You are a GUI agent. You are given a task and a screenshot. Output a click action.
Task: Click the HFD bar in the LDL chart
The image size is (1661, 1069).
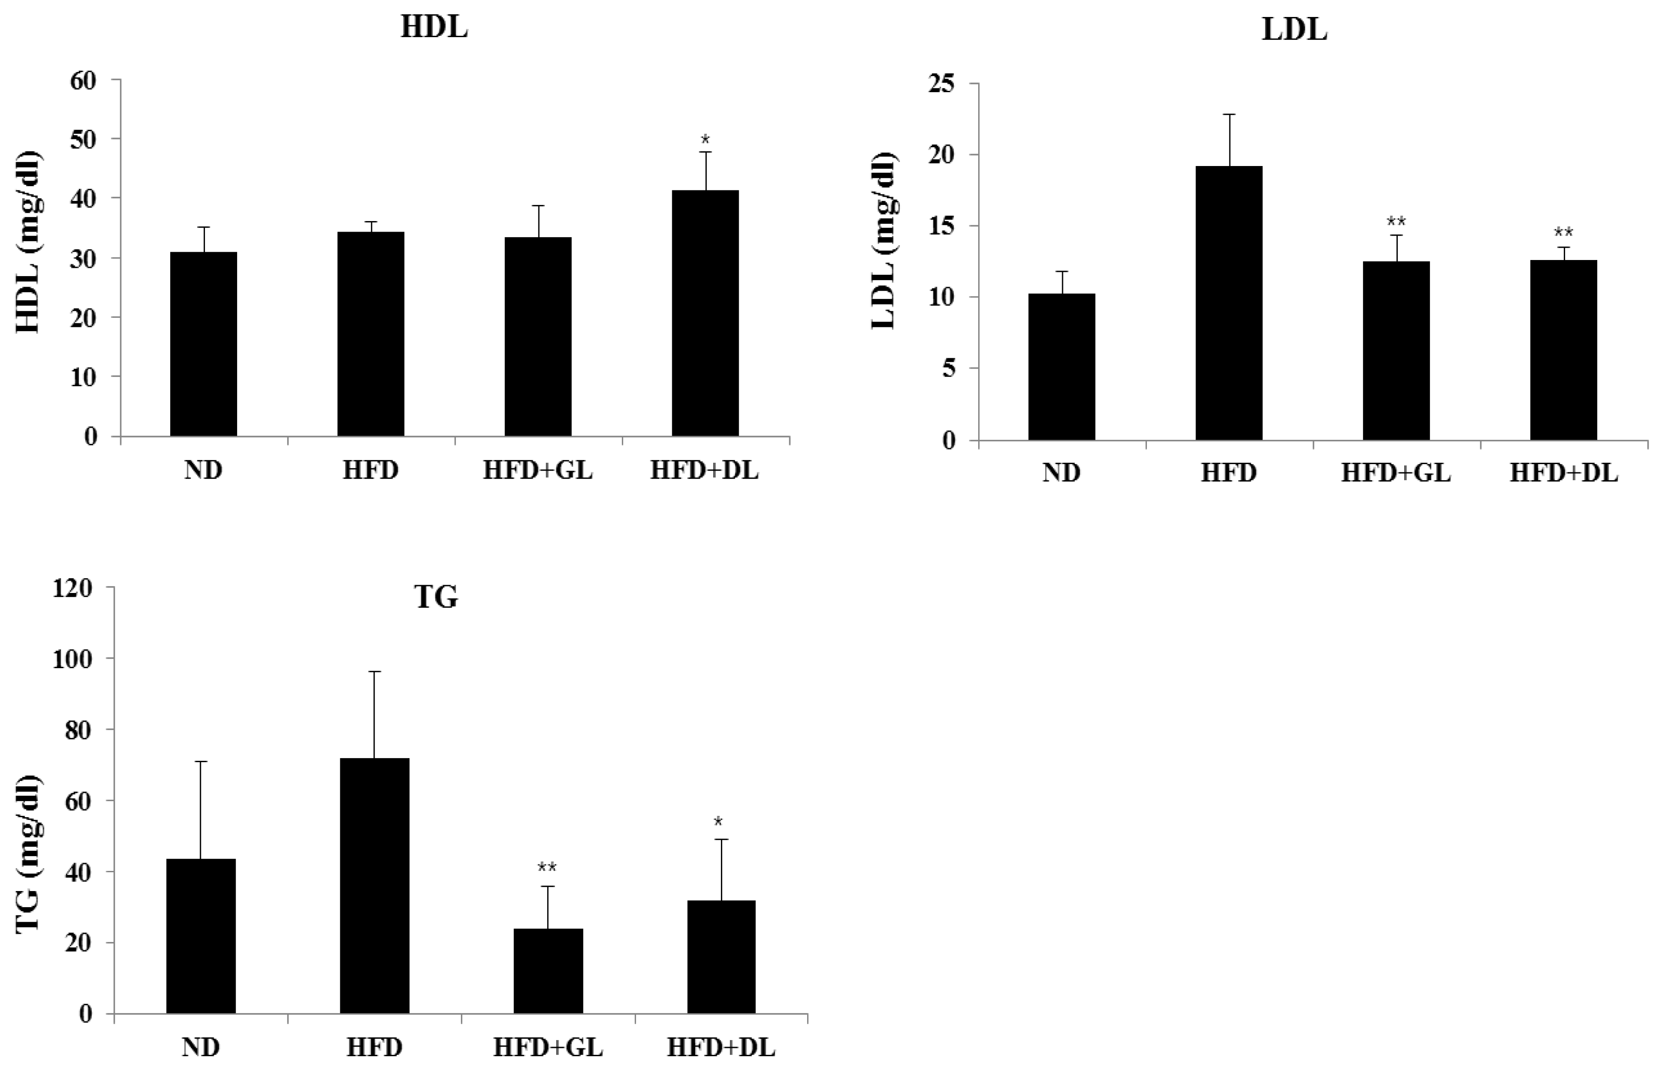pyautogui.click(x=1229, y=303)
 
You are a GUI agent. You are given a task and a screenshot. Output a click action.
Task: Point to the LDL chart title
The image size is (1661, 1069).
pyautogui.click(x=1294, y=31)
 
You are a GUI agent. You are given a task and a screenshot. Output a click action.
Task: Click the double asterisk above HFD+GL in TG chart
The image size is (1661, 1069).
pyautogui.click(x=547, y=868)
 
